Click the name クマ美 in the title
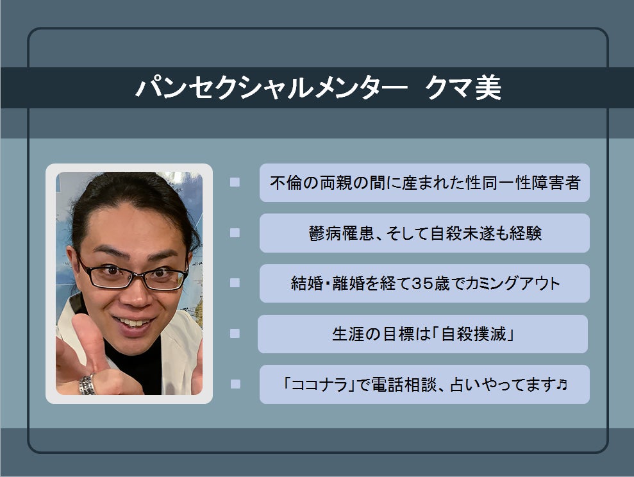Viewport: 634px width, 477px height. point(463,88)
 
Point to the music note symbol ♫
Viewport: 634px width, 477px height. point(562,384)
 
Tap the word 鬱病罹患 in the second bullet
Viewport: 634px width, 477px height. point(341,233)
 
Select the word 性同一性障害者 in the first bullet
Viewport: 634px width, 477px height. point(524,183)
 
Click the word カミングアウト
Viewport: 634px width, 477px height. point(513,283)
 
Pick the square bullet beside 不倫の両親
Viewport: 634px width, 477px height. point(235,182)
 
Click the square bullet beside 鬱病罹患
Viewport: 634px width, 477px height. point(235,233)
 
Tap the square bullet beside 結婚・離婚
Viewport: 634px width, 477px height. point(235,283)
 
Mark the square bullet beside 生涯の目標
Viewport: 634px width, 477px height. point(235,333)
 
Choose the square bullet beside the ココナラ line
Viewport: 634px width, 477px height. point(235,383)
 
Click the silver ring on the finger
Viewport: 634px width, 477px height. point(87,385)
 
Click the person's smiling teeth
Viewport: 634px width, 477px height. point(133,323)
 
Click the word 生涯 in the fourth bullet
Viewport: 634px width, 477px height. point(348,334)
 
